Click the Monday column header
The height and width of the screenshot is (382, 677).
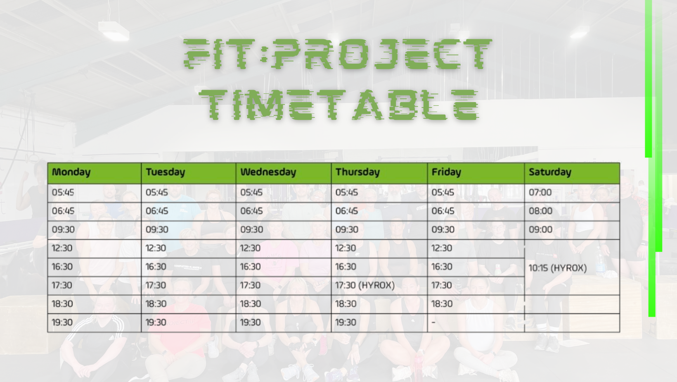click(71, 172)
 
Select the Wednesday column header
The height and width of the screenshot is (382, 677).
click(268, 172)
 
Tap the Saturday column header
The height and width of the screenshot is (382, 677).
click(550, 172)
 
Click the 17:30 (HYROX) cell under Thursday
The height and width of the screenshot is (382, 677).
click(365, 285)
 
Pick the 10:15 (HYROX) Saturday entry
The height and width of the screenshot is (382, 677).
click(558, 268)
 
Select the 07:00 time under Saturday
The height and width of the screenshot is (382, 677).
click(540, 192)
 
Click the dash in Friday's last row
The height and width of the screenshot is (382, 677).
click(433, 322)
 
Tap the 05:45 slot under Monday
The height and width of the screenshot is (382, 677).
click(63, 192)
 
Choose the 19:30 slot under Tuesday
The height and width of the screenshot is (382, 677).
click(156, 322)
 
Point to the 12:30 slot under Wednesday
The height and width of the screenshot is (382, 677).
click(250, 248)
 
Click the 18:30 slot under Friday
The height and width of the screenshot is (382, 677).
click(442, 303)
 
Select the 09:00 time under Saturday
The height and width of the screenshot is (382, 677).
click(540, 229)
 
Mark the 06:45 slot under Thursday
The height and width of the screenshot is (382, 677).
click(347, 211)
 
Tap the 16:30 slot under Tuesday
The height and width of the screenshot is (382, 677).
click(156, 267)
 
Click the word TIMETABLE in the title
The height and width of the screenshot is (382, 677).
click(338, 105)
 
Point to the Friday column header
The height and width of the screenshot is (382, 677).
click(446, 172)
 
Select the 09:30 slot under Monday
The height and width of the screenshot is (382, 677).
click(63, 229)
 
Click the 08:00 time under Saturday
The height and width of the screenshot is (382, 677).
click(540, 211)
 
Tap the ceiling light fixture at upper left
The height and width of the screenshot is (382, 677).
click(114, 30)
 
